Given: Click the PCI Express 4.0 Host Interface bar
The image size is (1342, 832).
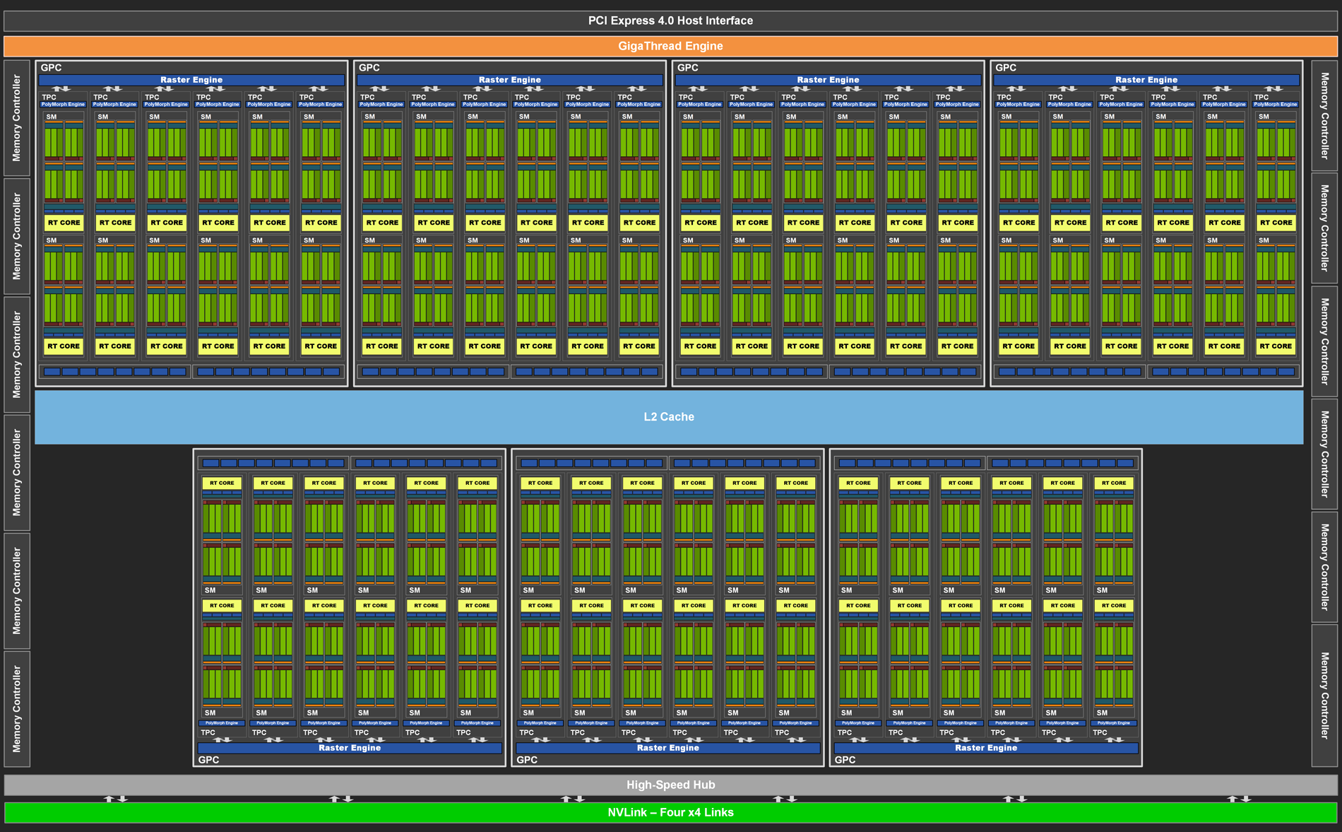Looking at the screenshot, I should pos(670,20).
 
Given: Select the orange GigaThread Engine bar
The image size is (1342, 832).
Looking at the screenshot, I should pos(670,46).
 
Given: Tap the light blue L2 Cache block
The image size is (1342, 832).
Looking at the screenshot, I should pos(669,417).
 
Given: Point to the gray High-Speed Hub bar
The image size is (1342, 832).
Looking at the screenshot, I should pos(670,785).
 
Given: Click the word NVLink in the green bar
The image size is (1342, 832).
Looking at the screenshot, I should pos(627,812).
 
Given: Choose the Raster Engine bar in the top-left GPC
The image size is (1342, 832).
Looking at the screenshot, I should pos(191,80).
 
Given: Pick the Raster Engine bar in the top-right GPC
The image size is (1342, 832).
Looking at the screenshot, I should pos(1146,80).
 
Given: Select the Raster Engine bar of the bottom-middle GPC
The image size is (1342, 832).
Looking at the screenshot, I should pos(667,748).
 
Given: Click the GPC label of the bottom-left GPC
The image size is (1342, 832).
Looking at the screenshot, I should pos(208,760).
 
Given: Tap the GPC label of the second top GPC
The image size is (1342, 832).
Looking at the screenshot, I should pos(369,68).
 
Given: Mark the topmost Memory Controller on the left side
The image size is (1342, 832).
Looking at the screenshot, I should pos(17,118).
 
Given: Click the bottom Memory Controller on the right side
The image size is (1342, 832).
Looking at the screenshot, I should pos(1324,696).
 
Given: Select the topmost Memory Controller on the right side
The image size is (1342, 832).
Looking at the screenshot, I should pos(1324,116).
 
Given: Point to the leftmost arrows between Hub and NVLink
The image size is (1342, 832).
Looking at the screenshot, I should pos(116,799).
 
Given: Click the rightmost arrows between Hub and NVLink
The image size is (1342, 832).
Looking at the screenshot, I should pos(1239,799).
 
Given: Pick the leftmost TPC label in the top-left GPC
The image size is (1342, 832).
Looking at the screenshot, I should pos(49,98).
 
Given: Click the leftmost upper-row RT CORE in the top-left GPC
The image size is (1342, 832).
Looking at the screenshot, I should pos(64,223).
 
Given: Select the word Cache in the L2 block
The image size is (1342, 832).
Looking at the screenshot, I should pos(678,417).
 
